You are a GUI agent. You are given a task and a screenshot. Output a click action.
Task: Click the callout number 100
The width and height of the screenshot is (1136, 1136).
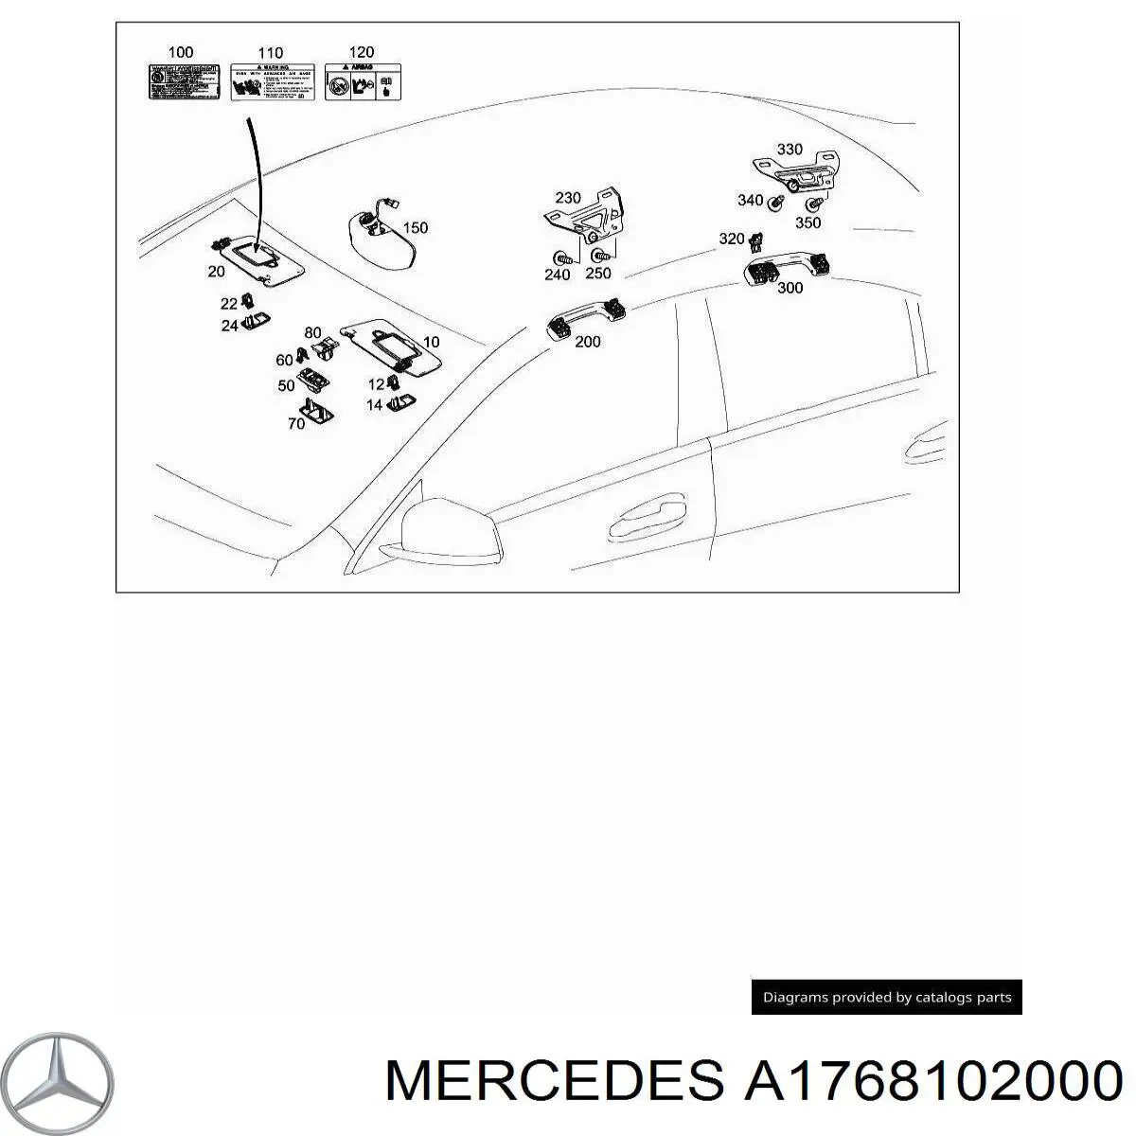(180, 52)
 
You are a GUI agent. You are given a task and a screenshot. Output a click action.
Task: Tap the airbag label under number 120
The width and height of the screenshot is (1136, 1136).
(362, 81)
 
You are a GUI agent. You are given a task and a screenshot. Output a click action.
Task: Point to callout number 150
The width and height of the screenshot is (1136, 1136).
(415, 227)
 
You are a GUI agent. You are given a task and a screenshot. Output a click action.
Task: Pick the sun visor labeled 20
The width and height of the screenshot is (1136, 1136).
(261, 258)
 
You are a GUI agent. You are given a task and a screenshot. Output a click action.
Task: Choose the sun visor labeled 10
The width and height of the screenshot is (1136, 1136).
(390, 341)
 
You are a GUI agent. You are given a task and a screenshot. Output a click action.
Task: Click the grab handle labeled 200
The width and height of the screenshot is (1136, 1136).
(585, 318)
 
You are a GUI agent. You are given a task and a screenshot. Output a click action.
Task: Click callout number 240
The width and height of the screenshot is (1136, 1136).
(558, 275)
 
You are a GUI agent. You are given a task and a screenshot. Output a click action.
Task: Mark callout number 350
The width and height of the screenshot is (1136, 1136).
(808, 223)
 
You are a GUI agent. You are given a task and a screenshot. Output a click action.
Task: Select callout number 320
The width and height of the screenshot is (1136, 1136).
(732, 239)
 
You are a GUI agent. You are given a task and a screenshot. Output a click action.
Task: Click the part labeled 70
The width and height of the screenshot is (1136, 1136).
(314, 412)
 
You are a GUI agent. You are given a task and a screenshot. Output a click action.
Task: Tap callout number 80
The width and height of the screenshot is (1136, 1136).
(313, 332)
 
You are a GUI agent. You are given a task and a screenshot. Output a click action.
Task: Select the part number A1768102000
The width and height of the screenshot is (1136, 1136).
(932, 1080)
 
